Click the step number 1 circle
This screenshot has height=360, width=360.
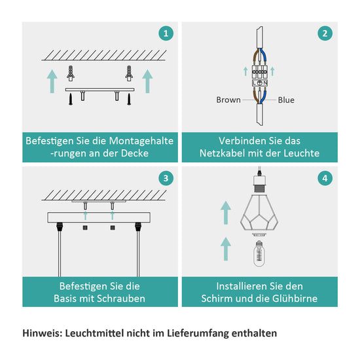coord(166,33)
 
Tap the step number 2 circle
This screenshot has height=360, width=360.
coord(325,33)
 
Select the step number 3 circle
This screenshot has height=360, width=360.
coord(166,179)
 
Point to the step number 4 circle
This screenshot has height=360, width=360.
coord(325,179)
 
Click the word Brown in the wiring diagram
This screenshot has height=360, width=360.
coord(228,100)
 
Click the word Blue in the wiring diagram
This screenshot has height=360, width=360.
coord(286,100)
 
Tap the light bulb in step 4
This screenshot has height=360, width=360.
coord(259,254)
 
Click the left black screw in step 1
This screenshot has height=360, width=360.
coord(71,99)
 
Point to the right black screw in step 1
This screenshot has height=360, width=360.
coord(129,99)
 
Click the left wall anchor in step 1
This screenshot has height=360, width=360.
coord(71,73)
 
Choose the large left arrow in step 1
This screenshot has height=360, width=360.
coord(52,81)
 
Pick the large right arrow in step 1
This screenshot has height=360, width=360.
coord(147,81)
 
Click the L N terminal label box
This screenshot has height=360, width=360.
coord(260,83)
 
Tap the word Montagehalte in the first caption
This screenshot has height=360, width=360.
coord(141,141)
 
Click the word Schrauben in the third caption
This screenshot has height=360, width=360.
coord(121,298)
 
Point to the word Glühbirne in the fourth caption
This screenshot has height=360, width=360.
coord(295,298)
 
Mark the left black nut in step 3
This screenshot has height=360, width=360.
coord(85,228)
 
